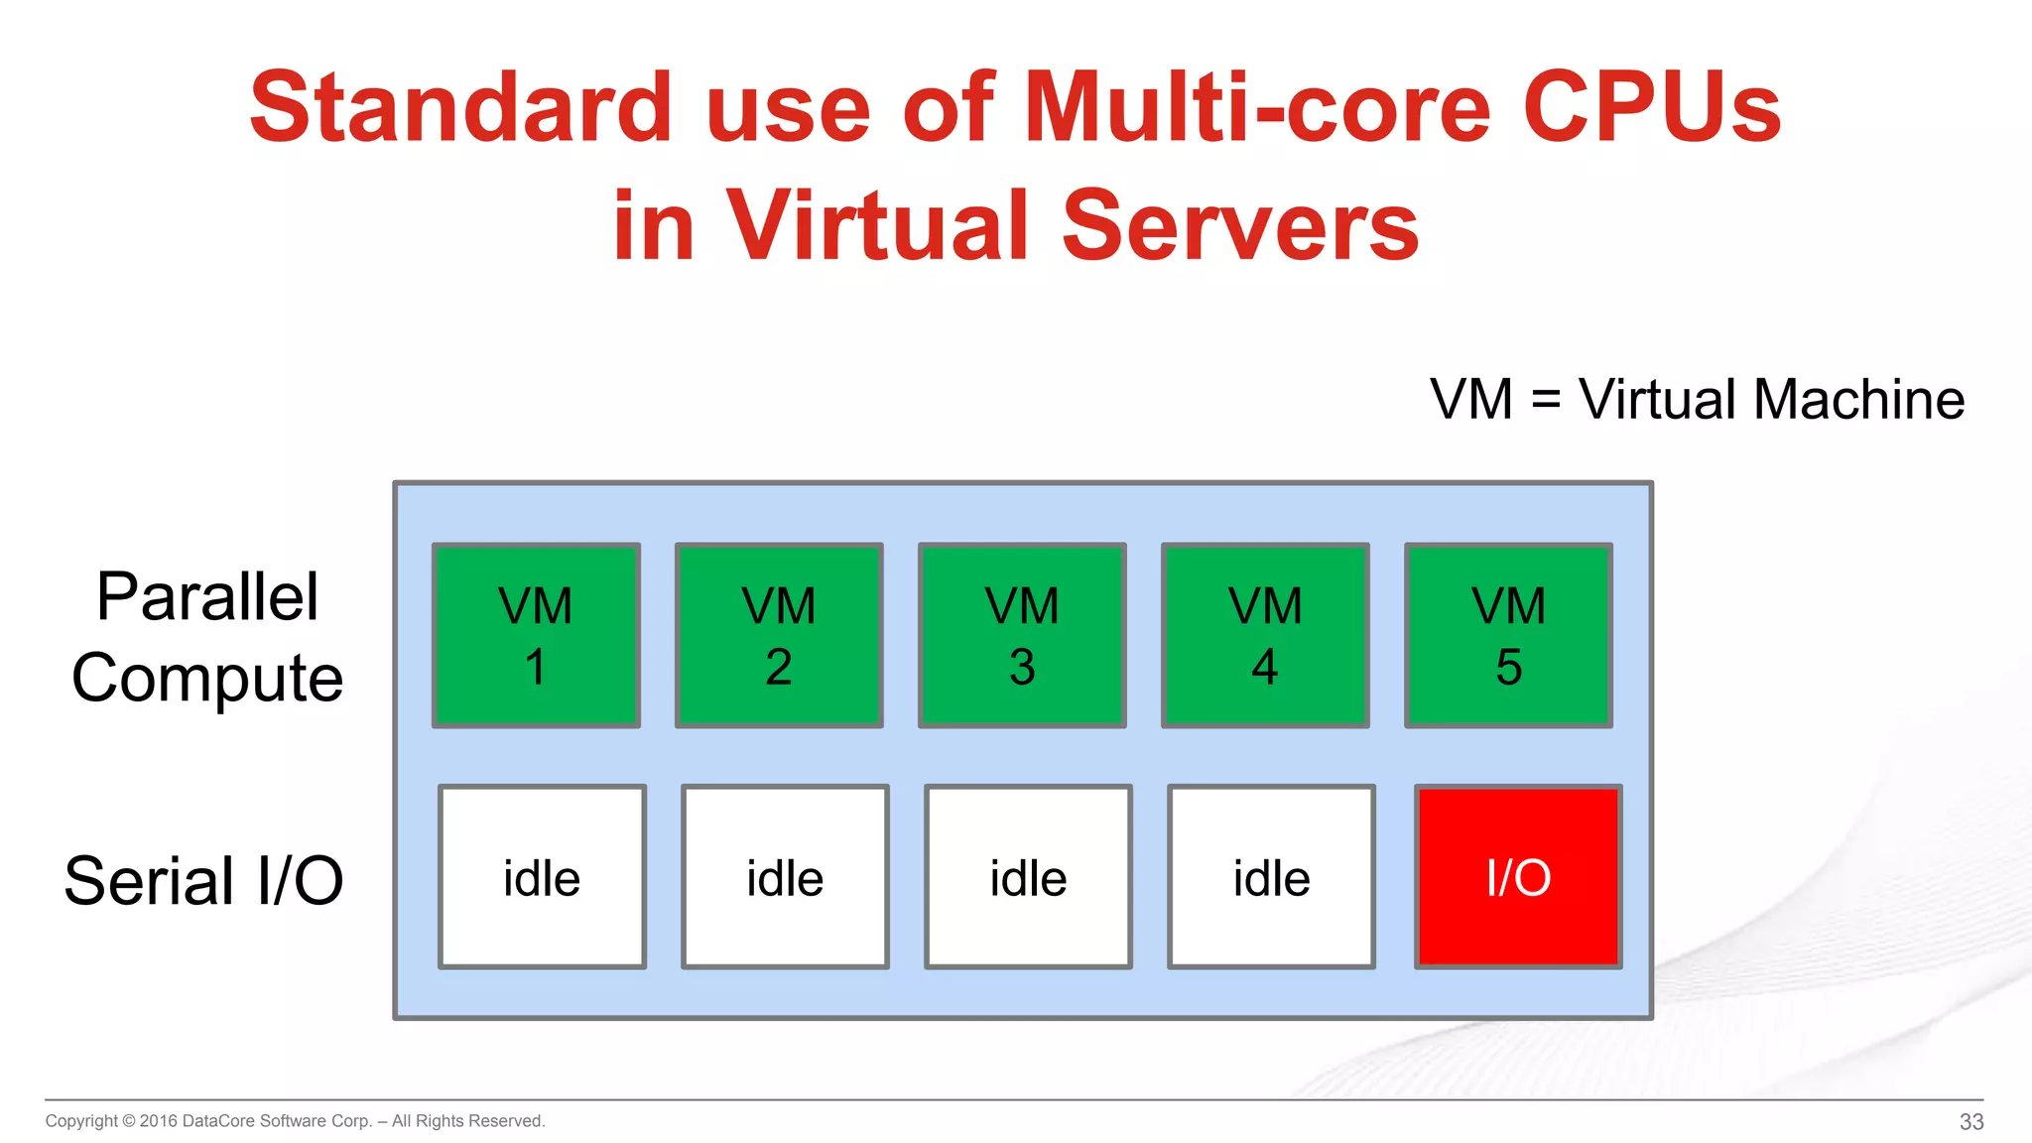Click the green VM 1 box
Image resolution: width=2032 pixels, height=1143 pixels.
536,635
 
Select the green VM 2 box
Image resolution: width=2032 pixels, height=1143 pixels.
779,635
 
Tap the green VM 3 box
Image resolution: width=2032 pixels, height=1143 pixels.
1022,635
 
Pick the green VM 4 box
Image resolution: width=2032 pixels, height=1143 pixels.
1265,635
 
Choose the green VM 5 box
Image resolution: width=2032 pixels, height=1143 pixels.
1508,635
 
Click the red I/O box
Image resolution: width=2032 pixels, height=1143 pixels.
1518,877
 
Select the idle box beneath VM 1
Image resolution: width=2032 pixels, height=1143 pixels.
542,877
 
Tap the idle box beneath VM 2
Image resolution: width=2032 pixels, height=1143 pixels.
785,877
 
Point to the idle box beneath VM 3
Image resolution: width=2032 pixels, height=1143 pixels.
1028,877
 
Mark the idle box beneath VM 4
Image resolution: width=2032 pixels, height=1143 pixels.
1271,877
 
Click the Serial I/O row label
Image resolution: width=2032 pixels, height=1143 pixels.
203,880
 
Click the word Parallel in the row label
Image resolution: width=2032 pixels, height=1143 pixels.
207,597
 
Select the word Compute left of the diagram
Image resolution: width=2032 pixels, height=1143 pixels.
207,679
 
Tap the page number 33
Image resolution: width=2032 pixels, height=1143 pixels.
1970,1121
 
